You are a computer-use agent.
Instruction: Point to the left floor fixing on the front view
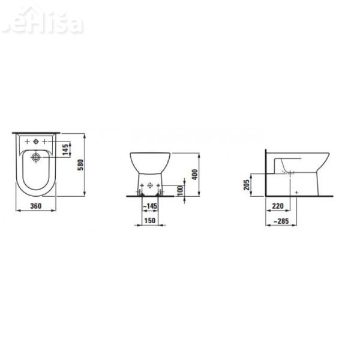(x=140, y=193)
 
